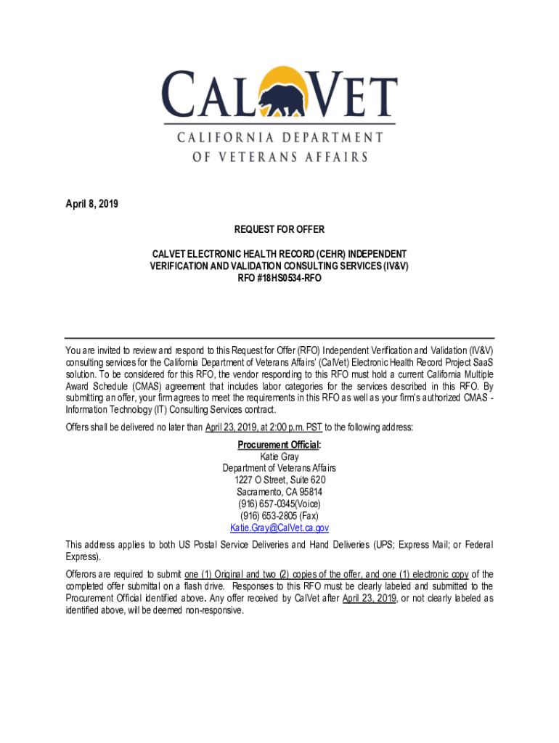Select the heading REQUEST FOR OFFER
(x=279, y=230)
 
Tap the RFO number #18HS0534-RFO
(x=279, y=278)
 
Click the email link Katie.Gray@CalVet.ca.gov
(x=279, y=528)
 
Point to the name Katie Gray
(x=279, y=456)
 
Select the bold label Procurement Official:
(x=279, y=445)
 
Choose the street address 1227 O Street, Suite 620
(x=279, y=480)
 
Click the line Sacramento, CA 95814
(x=279, y=492)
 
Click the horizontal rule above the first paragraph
(x=279, y=338)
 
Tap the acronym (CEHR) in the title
(x=325, y=255)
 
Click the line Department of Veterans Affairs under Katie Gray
(x=279, y=468)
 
